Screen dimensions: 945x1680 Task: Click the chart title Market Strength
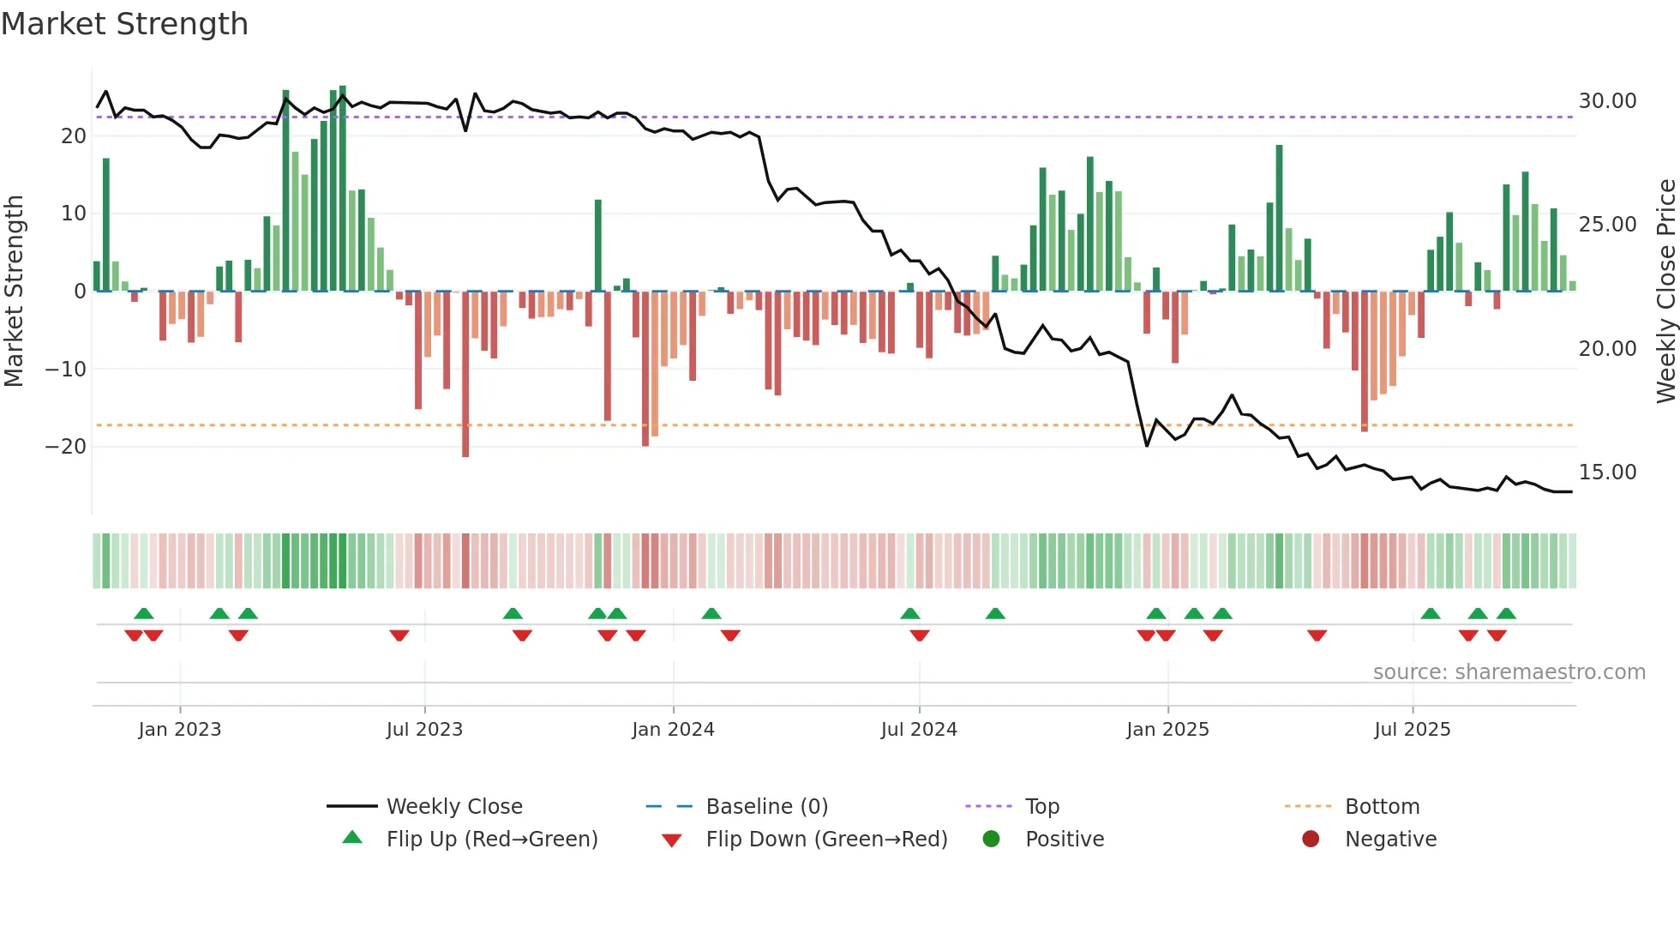124,24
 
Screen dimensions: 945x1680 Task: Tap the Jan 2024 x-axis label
673,729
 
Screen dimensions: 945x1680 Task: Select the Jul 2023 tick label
424,729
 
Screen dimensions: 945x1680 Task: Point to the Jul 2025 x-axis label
1412,729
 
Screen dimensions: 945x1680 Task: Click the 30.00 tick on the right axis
1607,101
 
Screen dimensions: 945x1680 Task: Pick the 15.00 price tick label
1607,472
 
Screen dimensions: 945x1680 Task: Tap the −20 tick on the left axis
65,447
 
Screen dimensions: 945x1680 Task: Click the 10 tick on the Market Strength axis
74,214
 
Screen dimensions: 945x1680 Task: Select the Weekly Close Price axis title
1665,292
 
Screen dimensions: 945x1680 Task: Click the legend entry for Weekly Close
453,806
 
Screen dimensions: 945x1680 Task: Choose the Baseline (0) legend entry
766,806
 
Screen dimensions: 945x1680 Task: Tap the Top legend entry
1042,806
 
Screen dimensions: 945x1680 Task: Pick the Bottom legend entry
1382,806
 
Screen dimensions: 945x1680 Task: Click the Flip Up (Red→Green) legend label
491,839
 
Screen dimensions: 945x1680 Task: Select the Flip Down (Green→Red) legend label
826,839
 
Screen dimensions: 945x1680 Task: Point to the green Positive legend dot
992,839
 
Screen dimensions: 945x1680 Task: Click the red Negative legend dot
1311,839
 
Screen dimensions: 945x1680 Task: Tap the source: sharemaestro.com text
1509,672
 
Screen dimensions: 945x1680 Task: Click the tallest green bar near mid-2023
343,189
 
